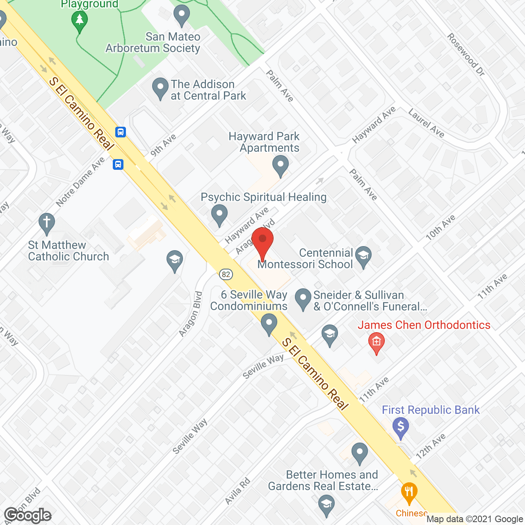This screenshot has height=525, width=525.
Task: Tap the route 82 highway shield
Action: coord(226,274)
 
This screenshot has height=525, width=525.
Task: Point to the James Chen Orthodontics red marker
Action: coord(377,342)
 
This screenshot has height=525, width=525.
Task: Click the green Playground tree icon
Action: coord(80,20)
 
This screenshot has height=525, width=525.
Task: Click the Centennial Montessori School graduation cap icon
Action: coord(363,256)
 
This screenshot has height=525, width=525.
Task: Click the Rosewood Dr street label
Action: coord(466,55)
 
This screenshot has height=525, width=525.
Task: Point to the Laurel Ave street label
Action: coord(427,123)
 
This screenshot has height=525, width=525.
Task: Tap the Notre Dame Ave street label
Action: coord(80,182)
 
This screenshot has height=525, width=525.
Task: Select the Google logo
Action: coord(28,515)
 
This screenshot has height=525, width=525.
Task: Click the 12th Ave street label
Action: coord(431,446)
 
